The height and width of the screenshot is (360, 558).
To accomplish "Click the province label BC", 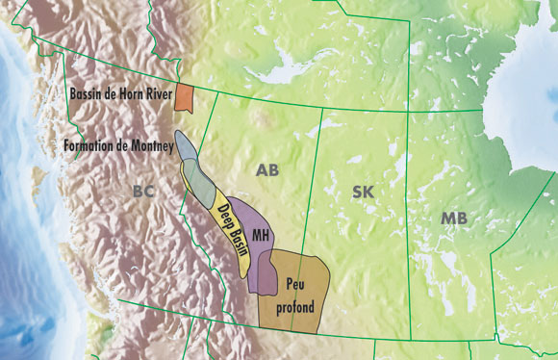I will (x=143, y=192).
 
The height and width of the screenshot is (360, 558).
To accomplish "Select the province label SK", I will (x=363, y=192).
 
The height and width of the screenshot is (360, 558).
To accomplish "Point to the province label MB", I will (x=454, y=219).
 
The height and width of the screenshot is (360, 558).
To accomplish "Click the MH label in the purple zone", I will (x=258, y=235).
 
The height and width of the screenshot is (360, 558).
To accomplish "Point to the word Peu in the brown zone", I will (x=294, y=285).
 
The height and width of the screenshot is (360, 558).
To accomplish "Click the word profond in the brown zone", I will (x=295, y=307).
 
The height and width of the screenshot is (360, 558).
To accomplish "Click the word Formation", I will (x=85, y=146).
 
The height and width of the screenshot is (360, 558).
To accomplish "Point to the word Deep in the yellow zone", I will (x=223, y=212).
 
